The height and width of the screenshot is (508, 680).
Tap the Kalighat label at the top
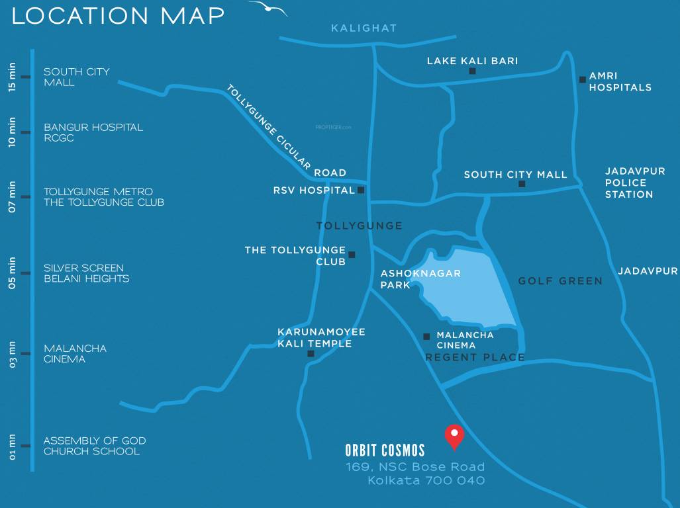[364, 28]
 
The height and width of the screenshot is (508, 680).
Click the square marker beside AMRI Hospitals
[583, 79]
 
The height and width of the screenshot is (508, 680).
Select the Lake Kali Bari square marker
[472, 71]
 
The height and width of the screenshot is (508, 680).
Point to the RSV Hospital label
[314, 190]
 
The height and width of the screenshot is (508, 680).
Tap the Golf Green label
[560, 281]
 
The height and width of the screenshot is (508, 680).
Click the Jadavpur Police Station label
[629, 183]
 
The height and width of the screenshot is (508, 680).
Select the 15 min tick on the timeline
[25, 77]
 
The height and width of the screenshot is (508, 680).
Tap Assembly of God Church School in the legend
[94, 446]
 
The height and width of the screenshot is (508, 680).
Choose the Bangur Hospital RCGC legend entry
[93, 132]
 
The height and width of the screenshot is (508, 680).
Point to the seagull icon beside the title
[268, 9]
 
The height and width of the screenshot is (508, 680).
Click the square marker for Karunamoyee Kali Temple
[311, 354]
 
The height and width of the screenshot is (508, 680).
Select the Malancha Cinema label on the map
[465, 340]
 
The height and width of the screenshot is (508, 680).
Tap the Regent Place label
[475, 358]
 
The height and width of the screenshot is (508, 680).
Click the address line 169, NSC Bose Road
[415, 467]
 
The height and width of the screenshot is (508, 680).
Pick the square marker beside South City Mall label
[522, 184]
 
